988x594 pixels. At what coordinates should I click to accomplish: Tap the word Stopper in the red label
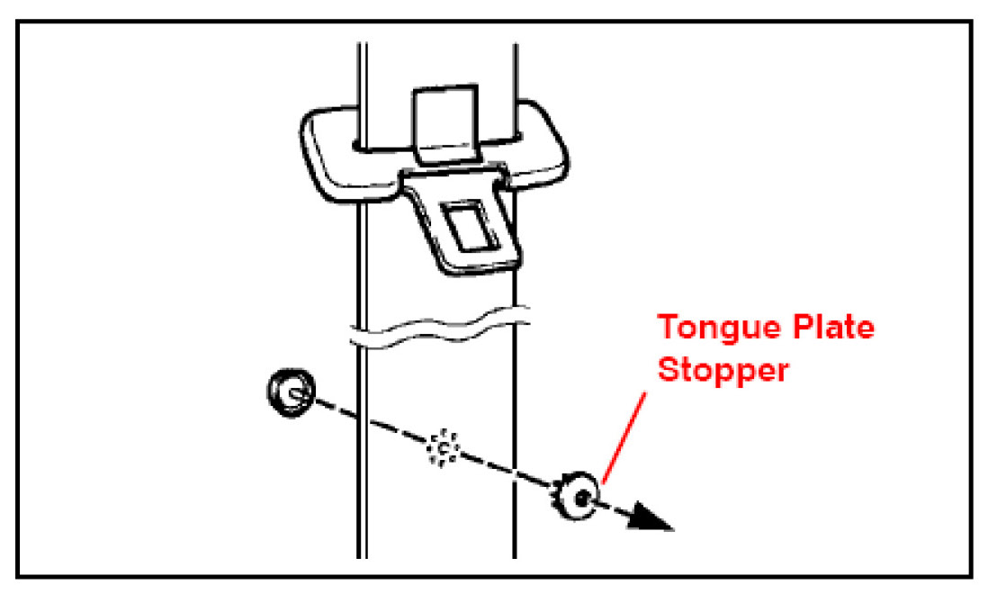point(723,369)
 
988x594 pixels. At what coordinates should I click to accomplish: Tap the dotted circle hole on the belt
point(442,445)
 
